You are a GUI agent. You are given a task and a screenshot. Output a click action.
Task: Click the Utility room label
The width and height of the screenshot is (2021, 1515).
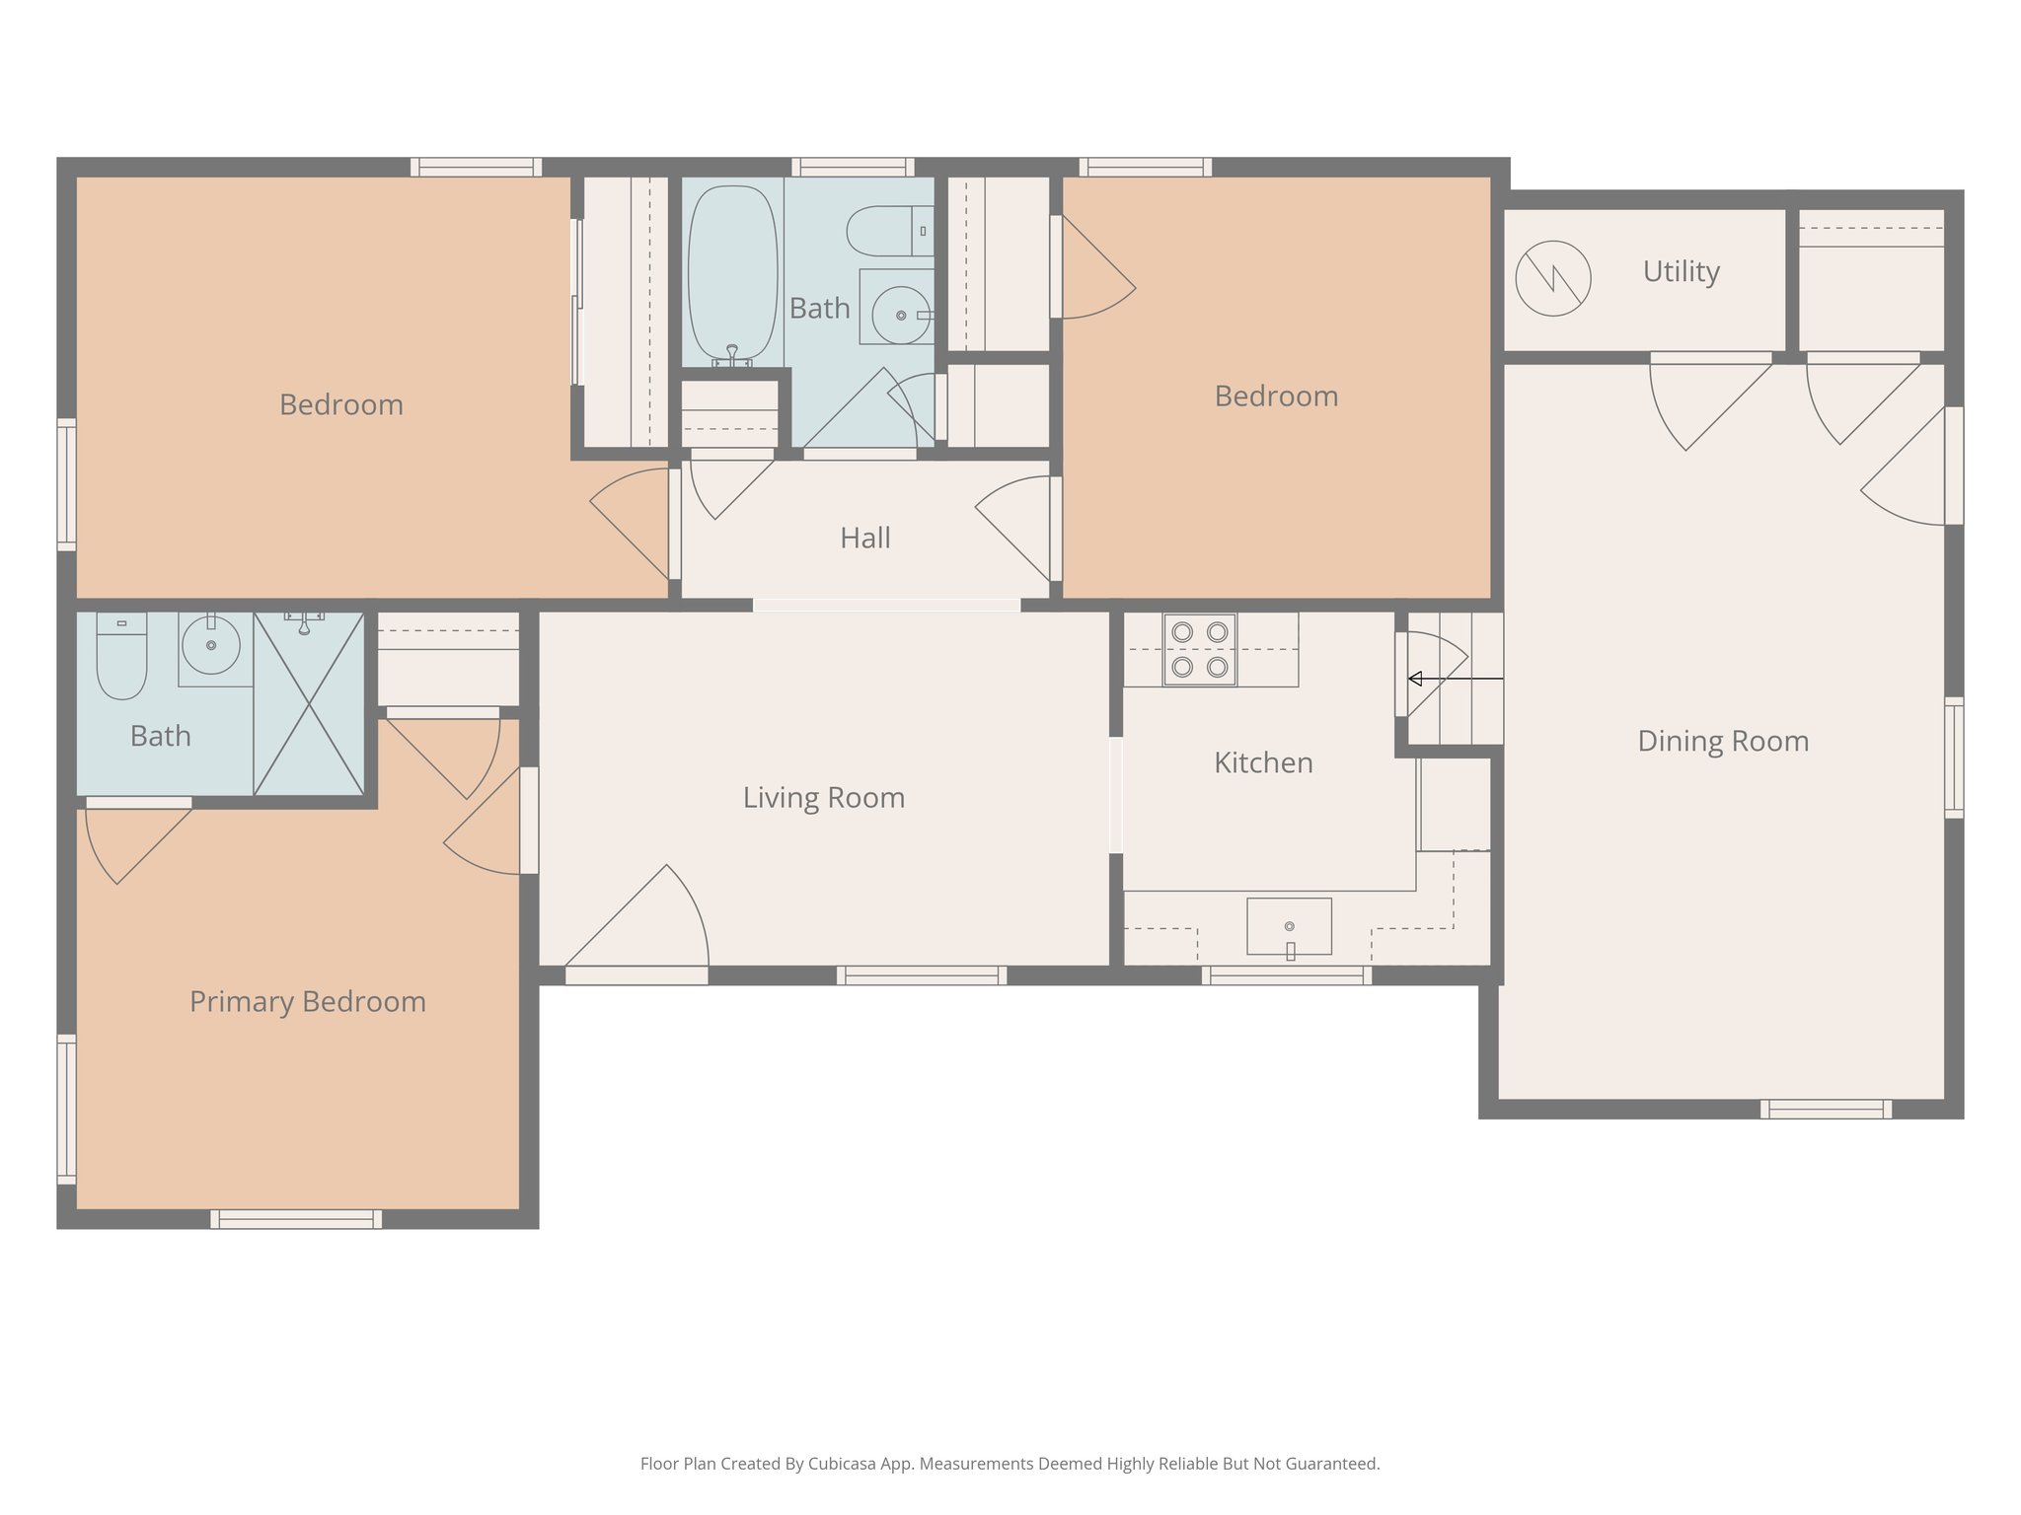(x=1681, y=271)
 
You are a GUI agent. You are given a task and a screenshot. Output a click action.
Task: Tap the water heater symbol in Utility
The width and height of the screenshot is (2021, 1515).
(x=1552, y=279)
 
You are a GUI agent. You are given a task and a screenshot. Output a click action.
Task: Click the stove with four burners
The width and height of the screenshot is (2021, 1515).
(x=1199, y=649)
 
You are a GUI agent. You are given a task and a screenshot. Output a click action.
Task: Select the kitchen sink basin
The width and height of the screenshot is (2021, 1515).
(x=1289, y=926)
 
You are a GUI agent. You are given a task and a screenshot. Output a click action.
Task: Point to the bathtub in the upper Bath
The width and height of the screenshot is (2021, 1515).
(x=731, y=273)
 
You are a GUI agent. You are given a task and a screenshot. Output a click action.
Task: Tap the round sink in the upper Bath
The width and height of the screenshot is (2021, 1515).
(x=900, y=315)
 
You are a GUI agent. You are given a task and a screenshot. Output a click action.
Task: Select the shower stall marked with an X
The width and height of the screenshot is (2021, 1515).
(x=309, y=703)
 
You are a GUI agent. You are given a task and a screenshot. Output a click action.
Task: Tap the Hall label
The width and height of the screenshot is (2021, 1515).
(x=864, y=538)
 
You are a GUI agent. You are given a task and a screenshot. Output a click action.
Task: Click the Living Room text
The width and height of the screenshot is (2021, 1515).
(x=823, y=797)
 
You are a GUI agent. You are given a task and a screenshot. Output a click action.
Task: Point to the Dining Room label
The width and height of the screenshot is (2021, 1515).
(x=1722, y=741)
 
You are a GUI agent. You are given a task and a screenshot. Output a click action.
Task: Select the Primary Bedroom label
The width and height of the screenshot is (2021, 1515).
(x=307, y=1001)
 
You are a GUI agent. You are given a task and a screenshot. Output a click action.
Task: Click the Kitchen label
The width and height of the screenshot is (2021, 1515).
(x=1262, y=762)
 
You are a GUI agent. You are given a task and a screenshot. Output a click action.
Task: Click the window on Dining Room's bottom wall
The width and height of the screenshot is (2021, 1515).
(x=1825, y=1109)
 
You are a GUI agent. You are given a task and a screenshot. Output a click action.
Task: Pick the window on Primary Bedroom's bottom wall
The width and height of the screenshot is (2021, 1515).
(x=295, y=1219)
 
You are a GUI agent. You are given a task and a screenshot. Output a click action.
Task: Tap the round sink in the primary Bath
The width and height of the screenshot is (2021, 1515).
(x=210, y=645)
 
